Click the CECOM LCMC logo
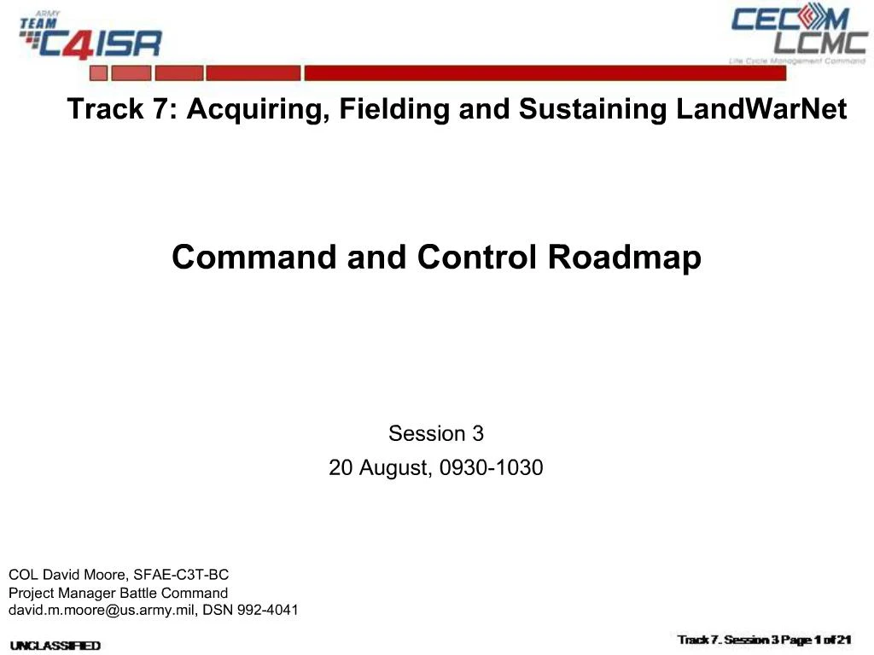tap(798, 34)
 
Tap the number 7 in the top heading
tap(161, 110)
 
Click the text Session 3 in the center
tap(436, 434)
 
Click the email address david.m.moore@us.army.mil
tap(103, 611)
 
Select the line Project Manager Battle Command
tap(119, 593)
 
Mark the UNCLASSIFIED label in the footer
tap(55, 646)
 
